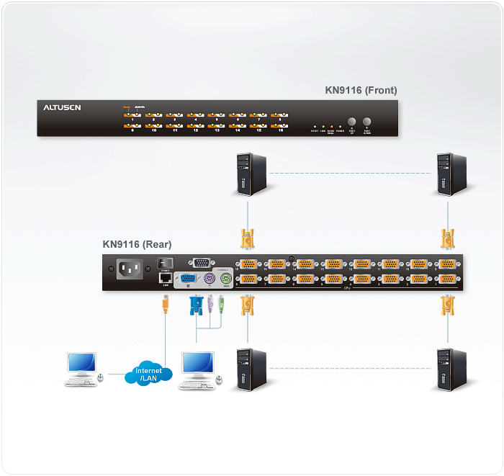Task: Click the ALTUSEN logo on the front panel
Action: point(62,108)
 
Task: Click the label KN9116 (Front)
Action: point(361,91)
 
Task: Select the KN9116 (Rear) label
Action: point(137,244)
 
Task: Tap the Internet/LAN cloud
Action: point(149,374)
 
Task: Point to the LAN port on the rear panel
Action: point(165,277)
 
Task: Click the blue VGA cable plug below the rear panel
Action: point(196,305)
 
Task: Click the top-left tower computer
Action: point(252,174)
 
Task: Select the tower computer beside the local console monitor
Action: point(252,370)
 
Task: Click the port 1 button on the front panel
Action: point(133,114)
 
